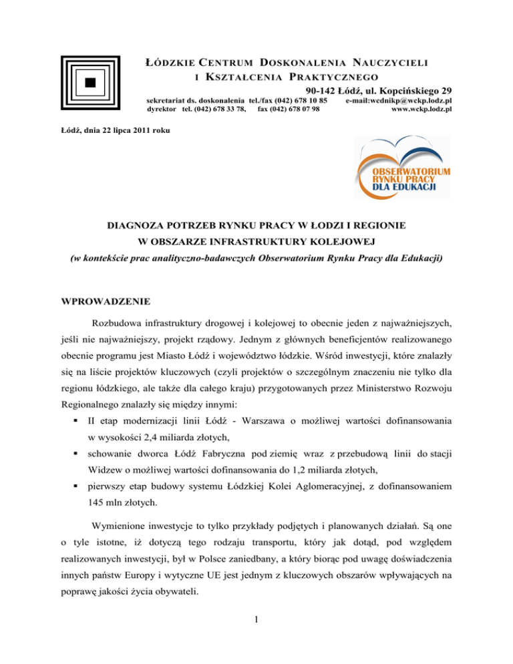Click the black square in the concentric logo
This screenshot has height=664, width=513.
[x=90, y=82]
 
